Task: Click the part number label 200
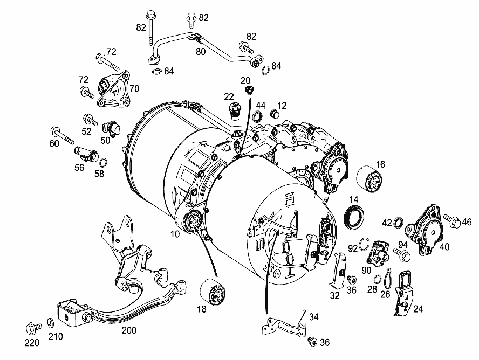click(x=129, y=330)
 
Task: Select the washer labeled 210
click(x=50, y=322)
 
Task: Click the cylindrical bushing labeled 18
click(x=213, y=292)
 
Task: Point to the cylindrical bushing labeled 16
click(x=369, y=179)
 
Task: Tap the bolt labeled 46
click(x=452, y=220)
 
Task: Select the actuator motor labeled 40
click(x=424, y=230)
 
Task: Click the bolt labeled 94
click(x=402, y=254)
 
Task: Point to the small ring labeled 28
click(x=378, y=279)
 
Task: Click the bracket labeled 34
click(x=284, y=324)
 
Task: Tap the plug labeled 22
click(x=235, y=112)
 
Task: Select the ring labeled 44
click(x=258, y=116)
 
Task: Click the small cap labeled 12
click(x=275, y=115)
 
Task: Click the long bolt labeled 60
click(x=63, y=136)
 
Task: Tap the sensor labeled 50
click(x=112, y=129)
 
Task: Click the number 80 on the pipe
click(x=201, y=52)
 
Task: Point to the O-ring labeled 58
click(x=104, y=163)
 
